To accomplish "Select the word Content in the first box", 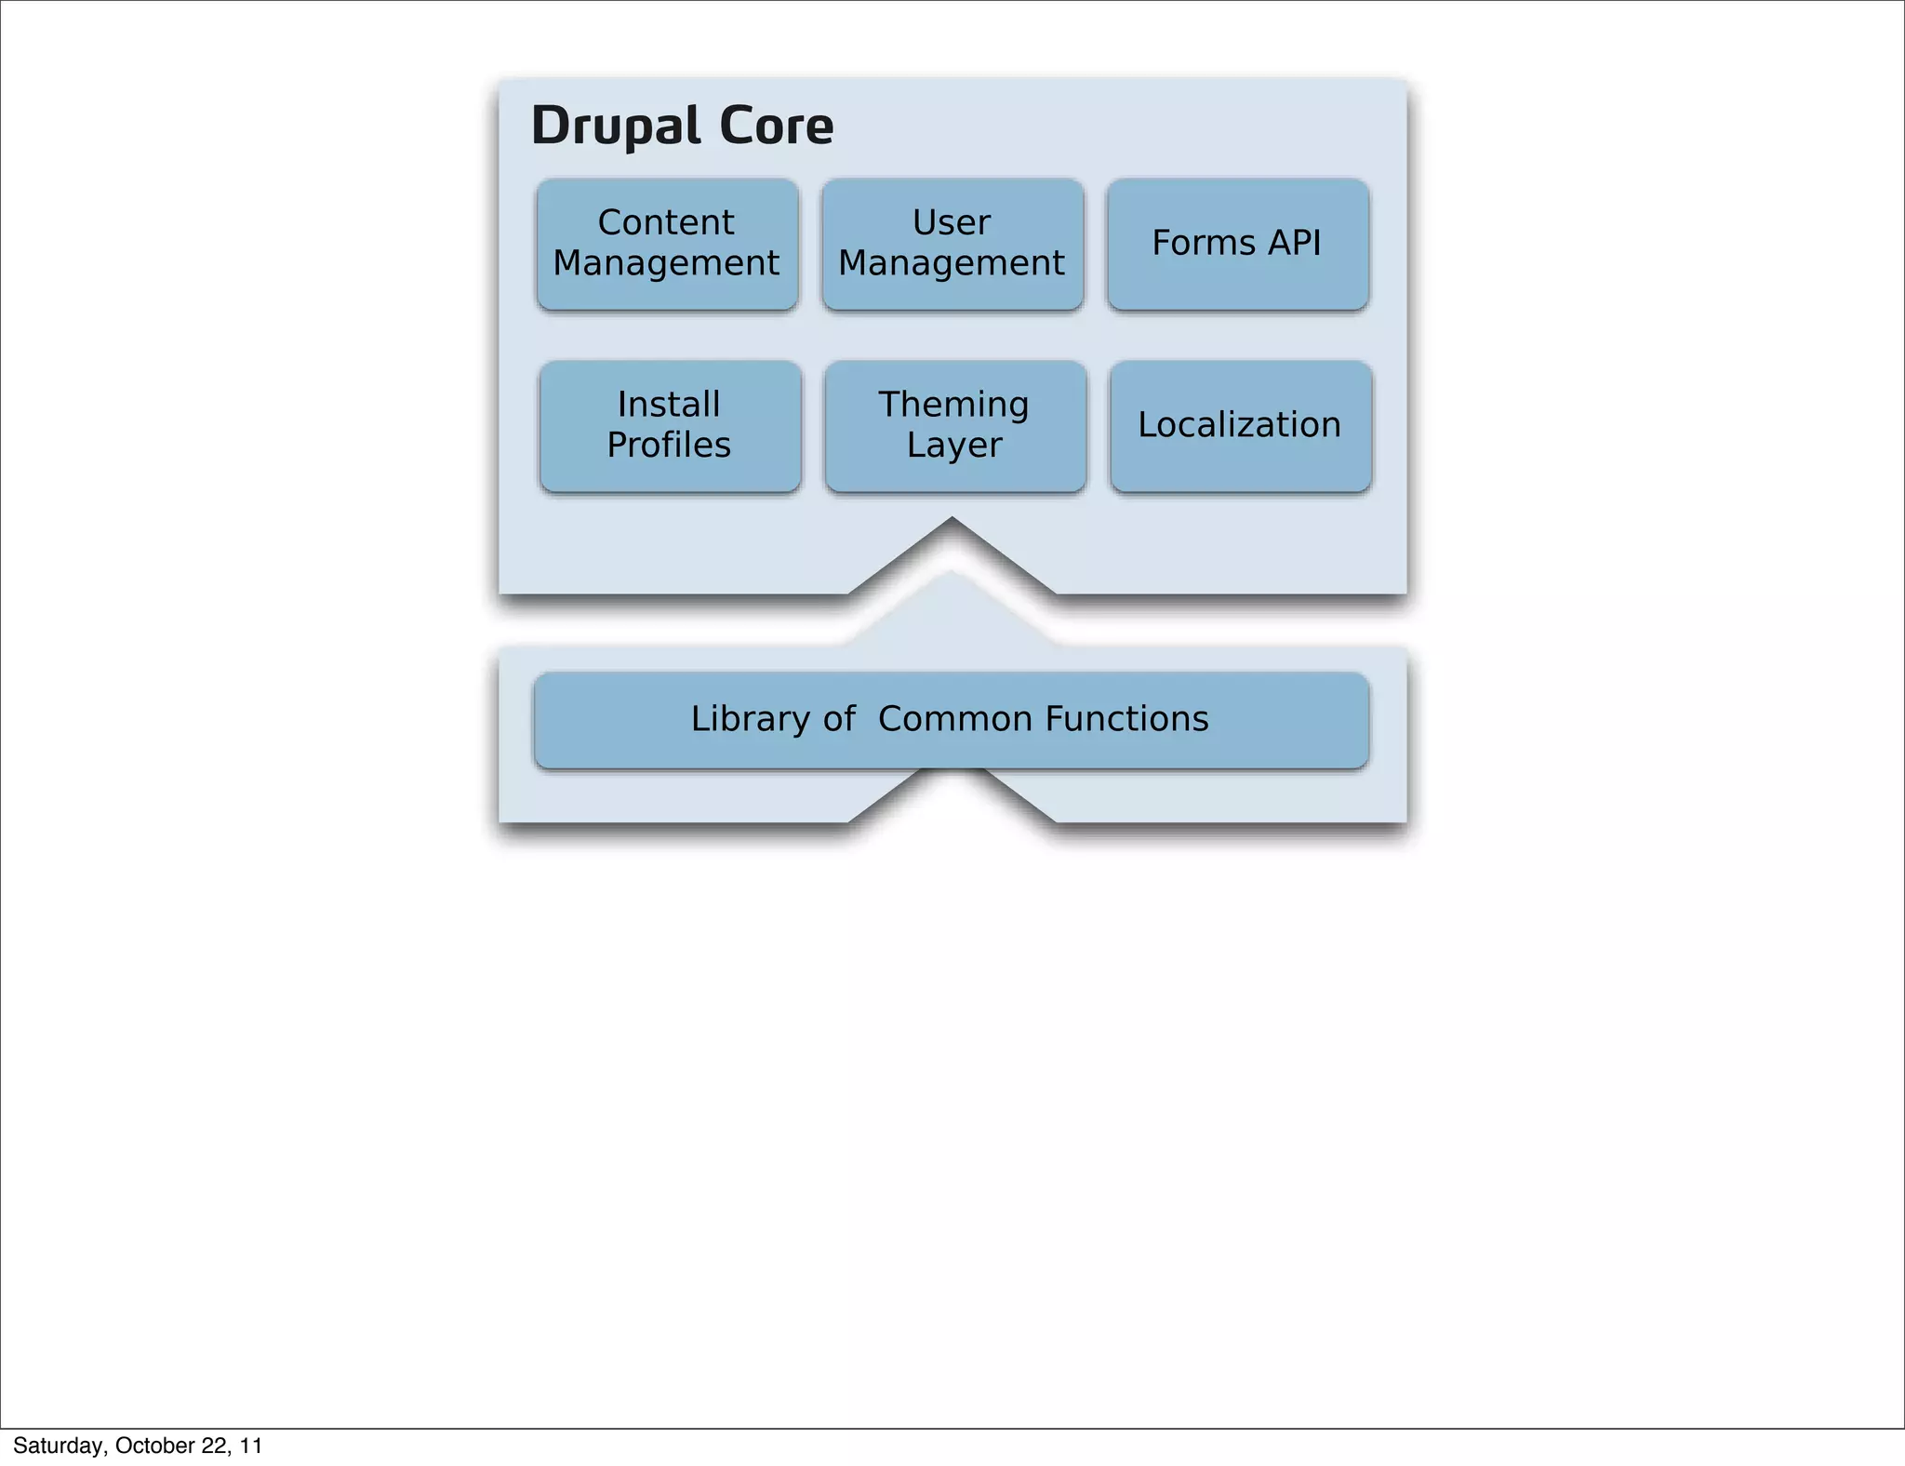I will click(x=666, y=222).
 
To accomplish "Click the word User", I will click(x=952, y=222).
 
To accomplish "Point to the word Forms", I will click(x=1204, y=243).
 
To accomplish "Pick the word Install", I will click(x=669, y=405).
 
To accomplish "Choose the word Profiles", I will click(x=669, y=446).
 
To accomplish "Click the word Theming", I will click(x=953, y=406).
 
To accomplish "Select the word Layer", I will click(x=954, y=446).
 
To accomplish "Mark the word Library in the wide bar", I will click(x=751, y=719).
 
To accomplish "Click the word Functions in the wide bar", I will click(x=1126, y=719).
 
